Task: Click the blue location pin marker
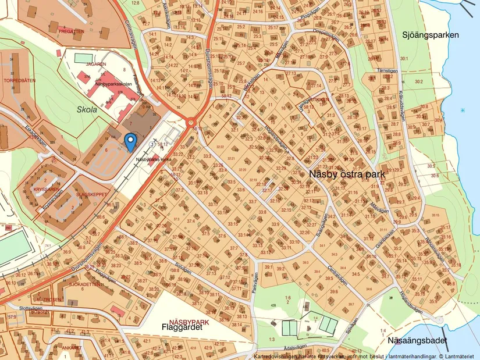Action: [x=131, y=141]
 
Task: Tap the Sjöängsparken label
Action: [x=430, y=35]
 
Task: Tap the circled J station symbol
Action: [x=153, y=144]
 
